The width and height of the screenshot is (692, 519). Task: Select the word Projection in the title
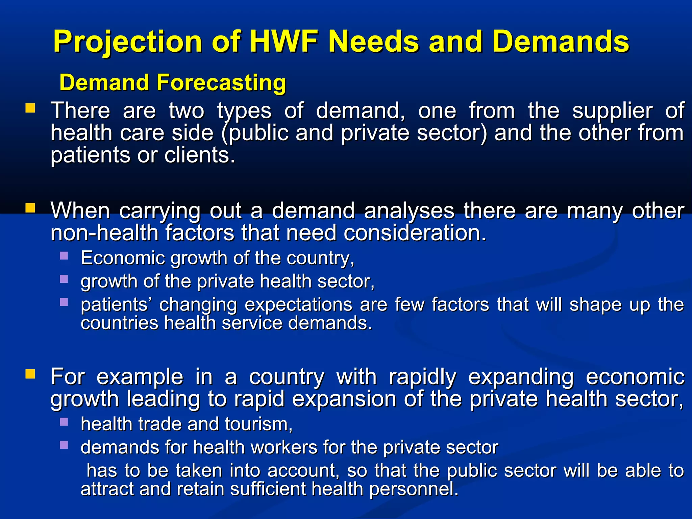(128, 42)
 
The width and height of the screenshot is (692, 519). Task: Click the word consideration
(415, 233)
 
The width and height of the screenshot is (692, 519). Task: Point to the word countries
(119, 323)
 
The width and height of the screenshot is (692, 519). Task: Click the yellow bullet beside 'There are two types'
(30, 108)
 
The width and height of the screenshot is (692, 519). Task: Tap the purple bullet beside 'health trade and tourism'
(64, 421)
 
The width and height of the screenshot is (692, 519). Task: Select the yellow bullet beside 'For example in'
(30, 374)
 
